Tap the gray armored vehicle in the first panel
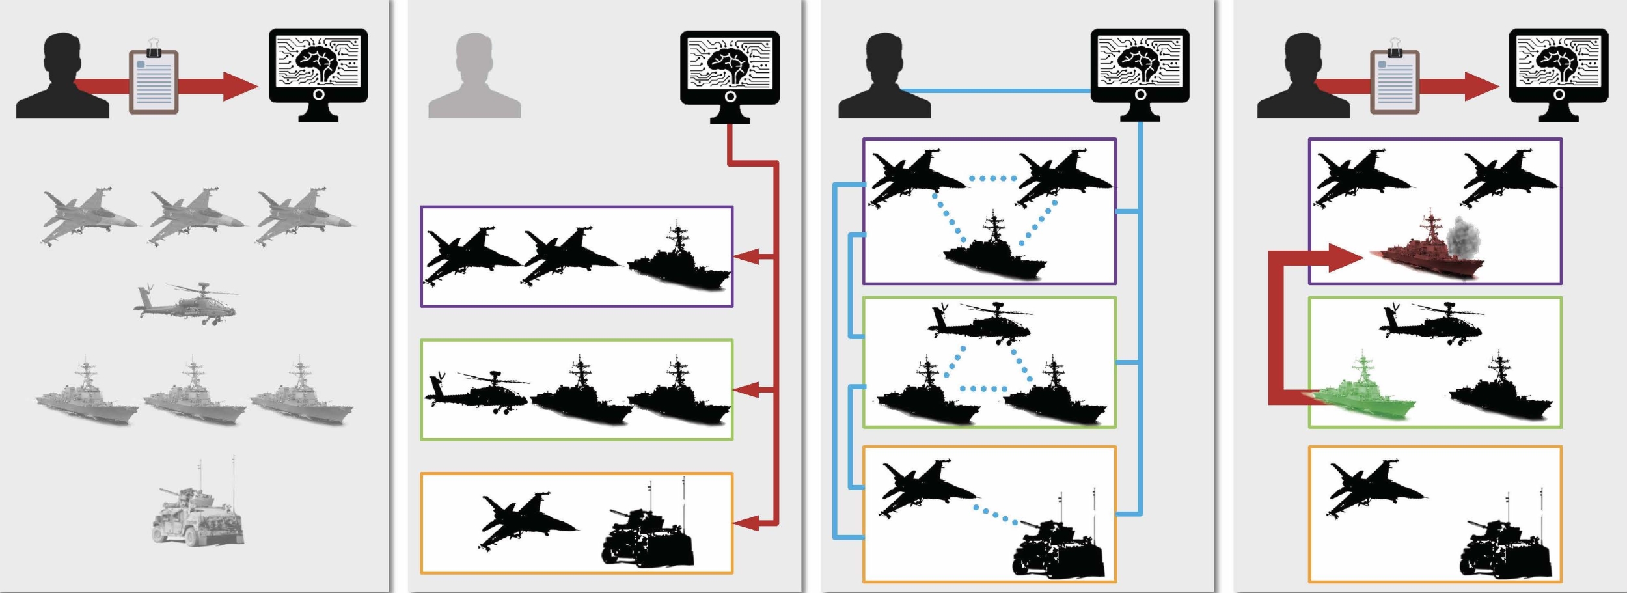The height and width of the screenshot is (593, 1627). pyautogui.click(x=198, y=514)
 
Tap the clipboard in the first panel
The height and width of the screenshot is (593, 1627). pyautogui.click(x=154, y=81)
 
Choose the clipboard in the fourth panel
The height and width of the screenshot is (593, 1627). pyautogui.click(x=1395, y=81)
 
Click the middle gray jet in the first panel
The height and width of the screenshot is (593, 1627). pyautogui.click(x=195, y=215)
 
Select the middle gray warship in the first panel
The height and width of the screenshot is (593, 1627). pyautogui.click(x=194, y=393)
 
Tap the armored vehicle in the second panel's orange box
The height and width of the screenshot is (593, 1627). pyautogui.click(x=648, y=534)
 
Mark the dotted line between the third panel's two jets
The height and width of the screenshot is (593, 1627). pyautogui.click(x=992, y=178)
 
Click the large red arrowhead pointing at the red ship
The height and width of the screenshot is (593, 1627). pyautogui.click(x=1344, y=258)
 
